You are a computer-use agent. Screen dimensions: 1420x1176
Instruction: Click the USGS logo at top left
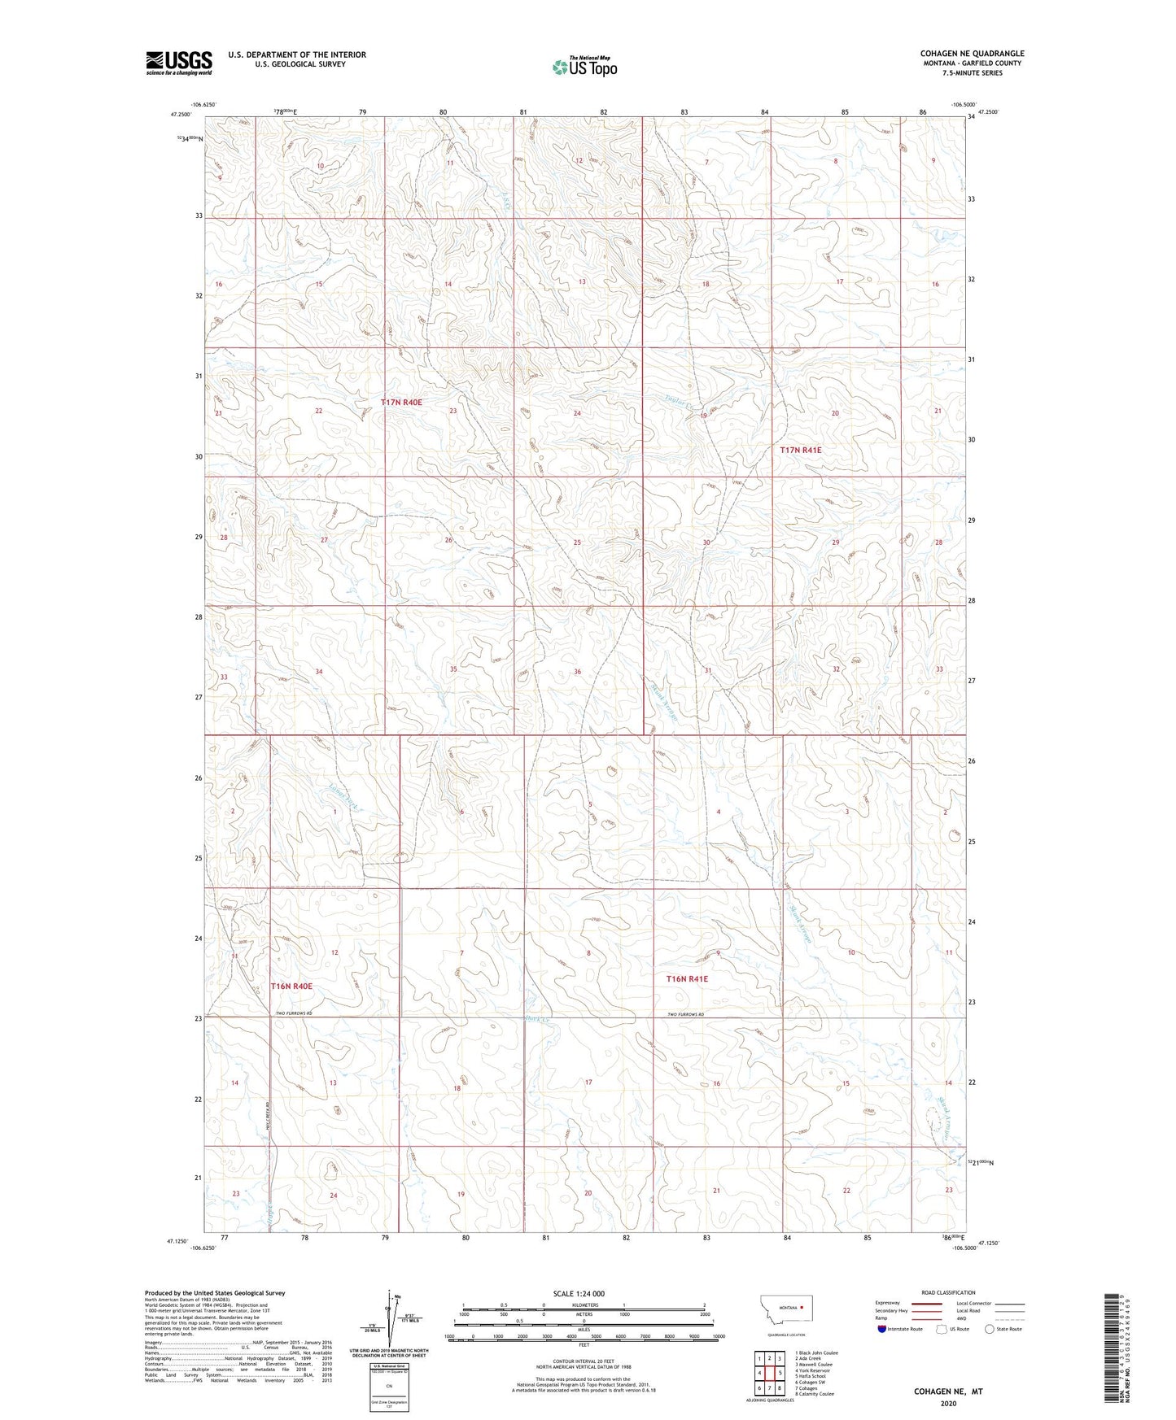point(178,63)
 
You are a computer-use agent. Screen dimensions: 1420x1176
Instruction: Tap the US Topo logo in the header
point(584,67)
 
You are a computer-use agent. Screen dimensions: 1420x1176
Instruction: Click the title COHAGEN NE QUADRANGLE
point(972,54)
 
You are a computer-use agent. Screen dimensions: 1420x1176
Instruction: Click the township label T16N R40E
point(291,986)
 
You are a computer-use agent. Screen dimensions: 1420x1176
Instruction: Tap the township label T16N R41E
point(687,979)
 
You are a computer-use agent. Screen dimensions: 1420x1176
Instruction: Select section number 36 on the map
point(577,671)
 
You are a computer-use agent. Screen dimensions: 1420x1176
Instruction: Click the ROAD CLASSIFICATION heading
point(948,1292)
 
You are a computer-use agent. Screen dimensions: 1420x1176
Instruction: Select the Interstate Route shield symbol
point(881,1329)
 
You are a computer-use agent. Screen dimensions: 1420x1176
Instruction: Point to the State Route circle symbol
point(990,1329)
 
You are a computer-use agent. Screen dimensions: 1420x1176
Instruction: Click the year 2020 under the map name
point(947,1403)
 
